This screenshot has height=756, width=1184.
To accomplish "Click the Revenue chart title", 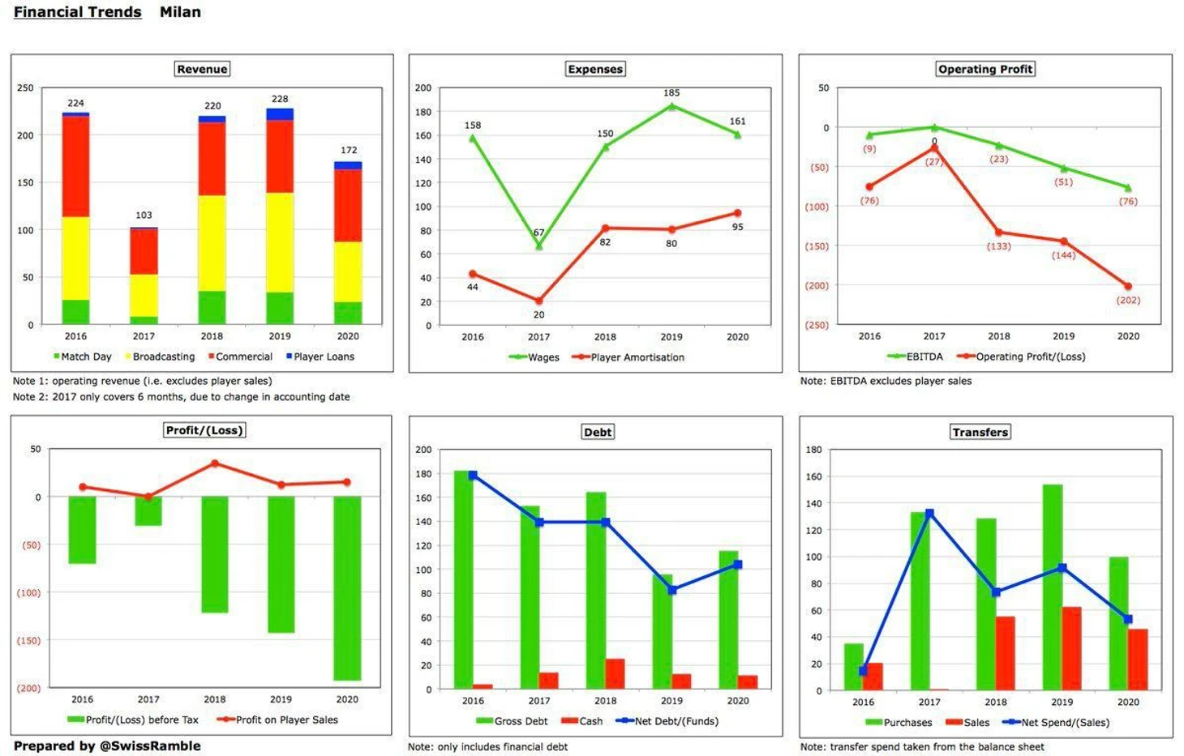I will click(202, 69).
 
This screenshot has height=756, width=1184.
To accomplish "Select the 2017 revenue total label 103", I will click(144, 215).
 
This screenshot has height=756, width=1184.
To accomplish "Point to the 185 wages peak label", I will click(671, 93).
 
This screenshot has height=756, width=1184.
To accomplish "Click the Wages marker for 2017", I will click(538, 246).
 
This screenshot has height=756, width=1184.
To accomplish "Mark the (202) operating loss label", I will click(1128, 300).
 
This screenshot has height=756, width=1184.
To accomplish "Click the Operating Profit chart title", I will click(985, 69).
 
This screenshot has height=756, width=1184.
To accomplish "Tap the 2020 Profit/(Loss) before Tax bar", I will click(347, 587).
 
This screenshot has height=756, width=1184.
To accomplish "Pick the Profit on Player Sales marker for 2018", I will click(215, 463).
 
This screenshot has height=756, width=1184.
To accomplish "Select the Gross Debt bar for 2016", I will click(463, 579).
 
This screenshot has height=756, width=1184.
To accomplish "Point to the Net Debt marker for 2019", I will click(672, 590).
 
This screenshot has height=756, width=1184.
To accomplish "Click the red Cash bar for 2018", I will click(615, 673).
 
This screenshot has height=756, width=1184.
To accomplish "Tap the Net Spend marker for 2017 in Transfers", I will click(929, 514).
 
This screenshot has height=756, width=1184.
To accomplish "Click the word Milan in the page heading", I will click(180, 12).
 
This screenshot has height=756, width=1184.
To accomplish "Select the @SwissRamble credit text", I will click(149, 745).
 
